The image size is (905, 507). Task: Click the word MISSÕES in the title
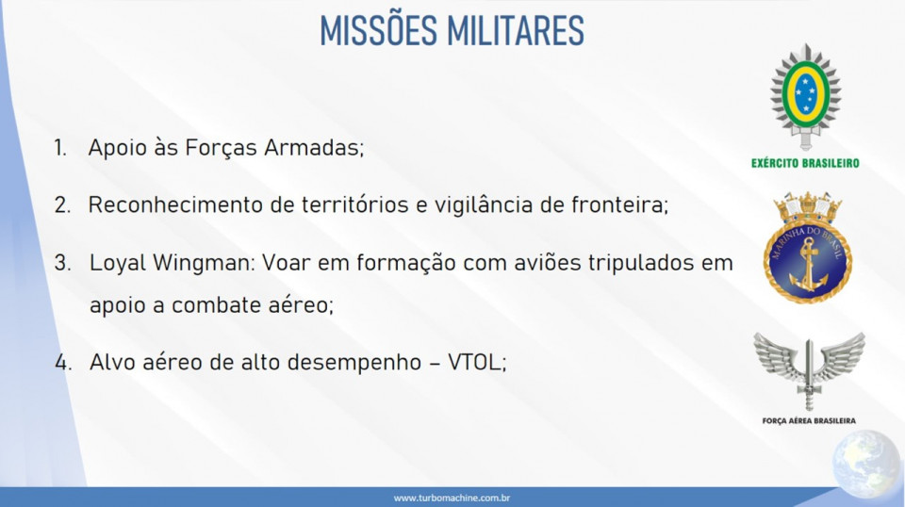point(379,29)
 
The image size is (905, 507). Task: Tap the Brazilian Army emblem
point(805,96)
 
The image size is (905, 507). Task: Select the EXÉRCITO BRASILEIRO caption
point(805,163)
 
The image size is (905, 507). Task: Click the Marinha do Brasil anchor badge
point(808,248)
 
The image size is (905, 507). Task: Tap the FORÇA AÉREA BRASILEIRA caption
point(809,421)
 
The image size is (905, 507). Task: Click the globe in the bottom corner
point(866,465)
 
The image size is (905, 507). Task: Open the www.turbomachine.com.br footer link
point(452,498)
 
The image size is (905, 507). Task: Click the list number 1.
point(60,148)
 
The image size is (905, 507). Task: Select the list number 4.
point(63,363)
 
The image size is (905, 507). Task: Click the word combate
point(216,305)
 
